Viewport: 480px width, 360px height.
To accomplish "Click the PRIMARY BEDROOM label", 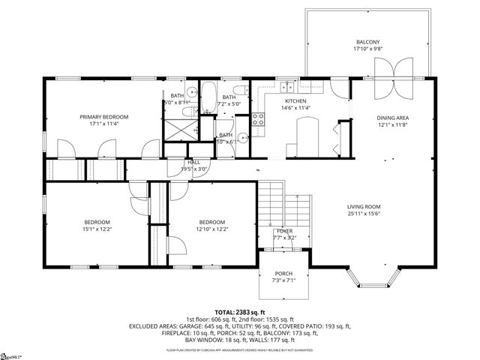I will coord(104,117).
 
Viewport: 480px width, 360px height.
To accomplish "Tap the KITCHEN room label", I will coord(295,100).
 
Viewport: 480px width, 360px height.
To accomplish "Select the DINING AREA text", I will coord(392,118).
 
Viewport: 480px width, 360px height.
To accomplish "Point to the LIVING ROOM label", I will coord(364,206).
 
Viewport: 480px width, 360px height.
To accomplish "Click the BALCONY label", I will coord(367,42).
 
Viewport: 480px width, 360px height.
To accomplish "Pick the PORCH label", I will coord(283,273).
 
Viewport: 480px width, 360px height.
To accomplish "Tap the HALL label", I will coord(193,162).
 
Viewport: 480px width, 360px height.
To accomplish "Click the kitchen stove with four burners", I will coord(258,118).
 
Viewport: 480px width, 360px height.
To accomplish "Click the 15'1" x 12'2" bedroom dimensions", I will coord(97,229).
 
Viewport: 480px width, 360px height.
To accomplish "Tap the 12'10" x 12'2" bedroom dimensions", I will coord(213,229).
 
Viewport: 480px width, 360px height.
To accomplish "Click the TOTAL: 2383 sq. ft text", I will coord(240,312).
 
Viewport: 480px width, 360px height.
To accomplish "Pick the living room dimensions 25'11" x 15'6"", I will coord(364,214).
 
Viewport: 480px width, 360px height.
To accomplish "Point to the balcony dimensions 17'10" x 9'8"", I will coord(367,49).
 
